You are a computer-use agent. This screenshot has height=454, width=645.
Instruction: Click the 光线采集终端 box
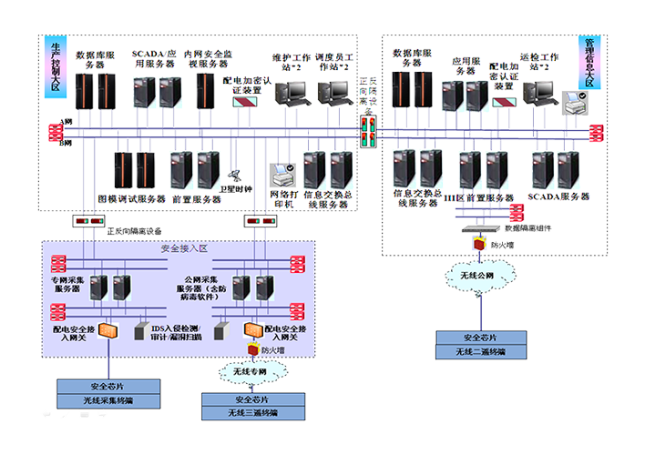click(108, 400)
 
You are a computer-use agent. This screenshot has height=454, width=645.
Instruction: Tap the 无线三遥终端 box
click(252, 413)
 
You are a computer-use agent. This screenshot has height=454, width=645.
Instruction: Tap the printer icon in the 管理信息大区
click(574, 107)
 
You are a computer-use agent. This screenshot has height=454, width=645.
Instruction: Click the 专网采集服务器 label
click(72, 281)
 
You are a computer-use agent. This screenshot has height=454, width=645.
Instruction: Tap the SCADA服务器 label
click(560, 197)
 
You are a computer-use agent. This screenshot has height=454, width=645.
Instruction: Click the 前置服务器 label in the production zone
click(196, 199)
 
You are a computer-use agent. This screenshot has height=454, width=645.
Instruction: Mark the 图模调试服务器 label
click(131, 197)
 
